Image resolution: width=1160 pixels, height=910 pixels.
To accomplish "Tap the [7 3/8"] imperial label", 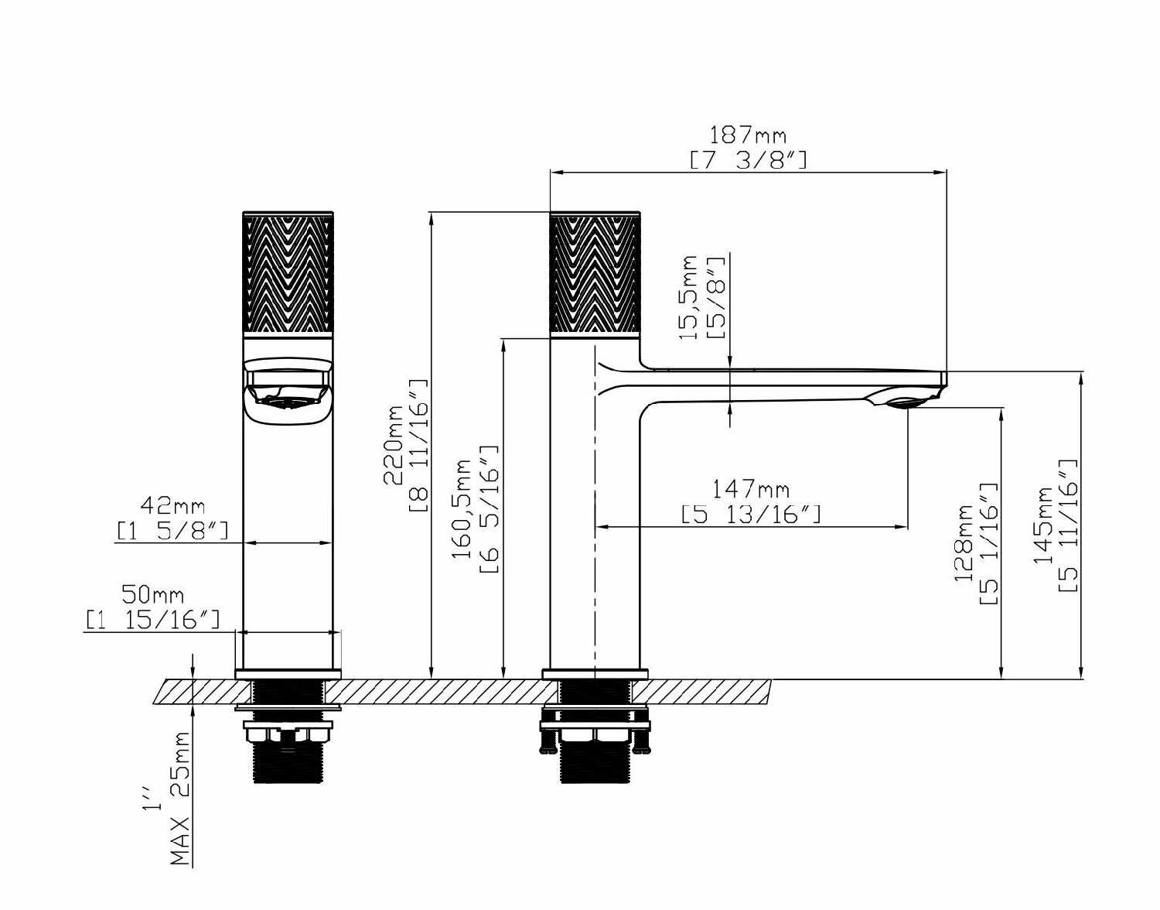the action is pos(749,159).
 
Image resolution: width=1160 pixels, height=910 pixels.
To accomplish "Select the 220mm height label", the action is pos(394,445).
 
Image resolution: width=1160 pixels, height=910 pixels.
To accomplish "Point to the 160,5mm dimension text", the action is pos(462,509).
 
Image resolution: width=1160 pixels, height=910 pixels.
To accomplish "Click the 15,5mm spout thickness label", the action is pos(687,297).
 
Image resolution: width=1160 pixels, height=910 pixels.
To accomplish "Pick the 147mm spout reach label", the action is pos(751,488).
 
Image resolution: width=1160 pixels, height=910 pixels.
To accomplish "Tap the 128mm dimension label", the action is pos(964,543).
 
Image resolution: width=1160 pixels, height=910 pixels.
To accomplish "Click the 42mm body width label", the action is pos(172,505).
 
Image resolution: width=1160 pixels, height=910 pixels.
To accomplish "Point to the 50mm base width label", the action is pos(152,594).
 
